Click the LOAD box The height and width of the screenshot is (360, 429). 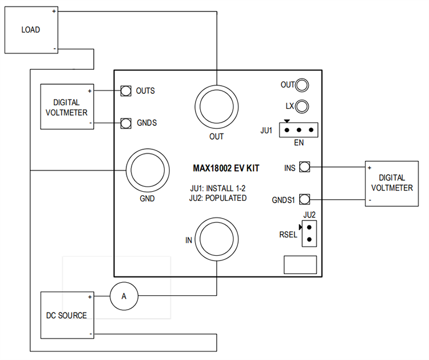pyautogui.click(x=30, y=29)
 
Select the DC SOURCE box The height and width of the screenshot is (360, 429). pyautogui.click(x=66, y=315)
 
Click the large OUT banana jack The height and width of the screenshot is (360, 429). pyautogui.click(x=216, y=106)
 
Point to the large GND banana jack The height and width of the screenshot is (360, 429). pyautogui.click(x=148, y=171)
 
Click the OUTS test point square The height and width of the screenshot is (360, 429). pyautogui.click(x=126, y=91)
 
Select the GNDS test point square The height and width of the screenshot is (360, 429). pyautogui.click(x=126, y=123)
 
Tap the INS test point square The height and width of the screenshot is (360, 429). pyautogui.click(x=305, y=167)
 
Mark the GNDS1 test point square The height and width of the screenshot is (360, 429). pyautogui.click(x=305, y=199)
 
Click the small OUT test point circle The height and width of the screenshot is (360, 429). pyautogui.click(x=303, y=85)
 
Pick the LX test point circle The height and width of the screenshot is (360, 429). pyautogui.click(x=303, y=106)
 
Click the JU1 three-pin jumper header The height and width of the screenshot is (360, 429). pyautogui.click(x=298, y=130)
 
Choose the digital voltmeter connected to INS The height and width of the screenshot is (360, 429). pyautogui.click(x=392, y=183)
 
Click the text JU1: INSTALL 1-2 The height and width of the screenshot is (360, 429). pyautogui.click(x=218, y=188)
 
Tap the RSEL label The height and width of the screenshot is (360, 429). pyautogui.click(x=288, y=234)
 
